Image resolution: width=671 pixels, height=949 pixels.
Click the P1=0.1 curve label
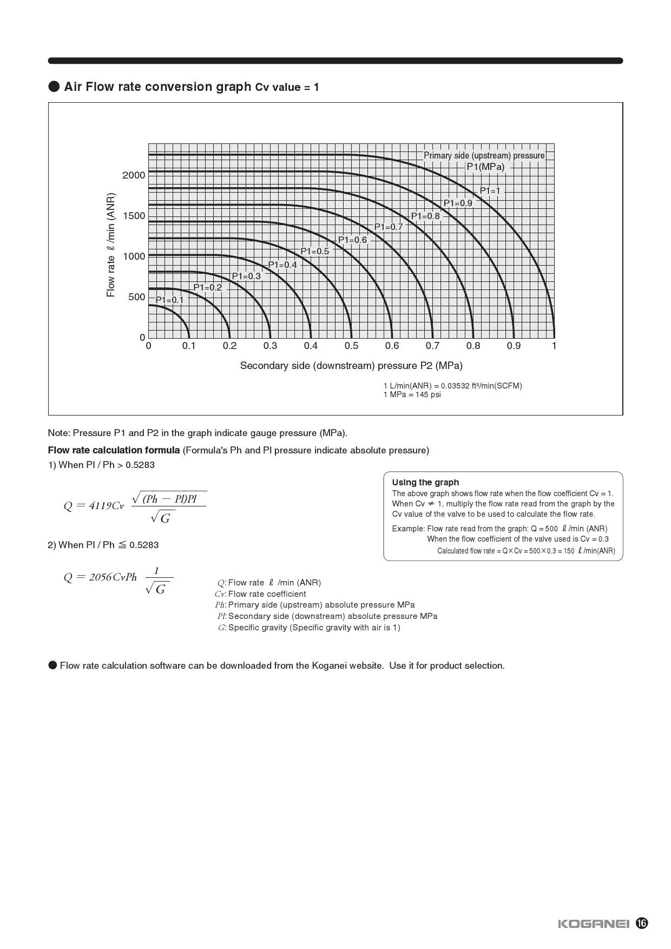tap(169, 300)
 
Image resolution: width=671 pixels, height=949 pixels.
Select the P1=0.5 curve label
tap(314, 251)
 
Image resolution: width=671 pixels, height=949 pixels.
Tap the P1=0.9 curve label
tap(458, 203)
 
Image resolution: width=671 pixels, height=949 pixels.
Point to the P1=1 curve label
tap(490, 190)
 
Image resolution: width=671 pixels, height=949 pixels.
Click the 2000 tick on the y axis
tap(134, 175)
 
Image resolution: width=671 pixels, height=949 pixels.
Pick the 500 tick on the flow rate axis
tap(136, 297)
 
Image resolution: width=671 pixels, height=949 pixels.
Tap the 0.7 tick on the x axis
tap(432, 346)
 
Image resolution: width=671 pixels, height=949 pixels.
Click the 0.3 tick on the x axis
tap(270, 346)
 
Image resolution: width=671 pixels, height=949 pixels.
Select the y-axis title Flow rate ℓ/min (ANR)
tap(111, 245)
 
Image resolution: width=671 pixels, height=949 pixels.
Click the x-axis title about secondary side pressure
tap(351, 366)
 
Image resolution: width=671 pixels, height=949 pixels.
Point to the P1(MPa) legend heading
tap(485, 167)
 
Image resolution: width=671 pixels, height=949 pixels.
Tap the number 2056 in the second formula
tap(100, 577)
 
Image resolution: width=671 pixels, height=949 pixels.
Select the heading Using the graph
tap(425, 482)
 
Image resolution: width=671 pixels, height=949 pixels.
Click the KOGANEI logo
tap(594, 924)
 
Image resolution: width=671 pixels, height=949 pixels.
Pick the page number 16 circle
tap(642, 923)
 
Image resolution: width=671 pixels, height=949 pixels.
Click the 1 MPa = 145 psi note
tap(412, 394)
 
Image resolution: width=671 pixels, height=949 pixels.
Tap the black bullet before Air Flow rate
tap(54, 87)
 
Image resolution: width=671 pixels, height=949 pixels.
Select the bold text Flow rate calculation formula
tap(114, 450)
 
